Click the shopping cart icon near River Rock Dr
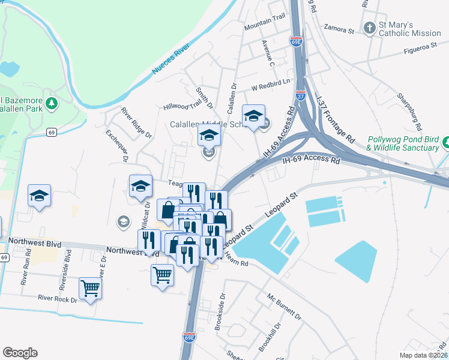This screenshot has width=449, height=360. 90,289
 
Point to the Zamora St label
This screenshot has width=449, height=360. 340,27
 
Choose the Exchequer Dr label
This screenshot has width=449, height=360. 117,145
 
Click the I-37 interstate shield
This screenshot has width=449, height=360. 301,95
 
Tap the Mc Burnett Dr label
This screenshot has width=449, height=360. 284,306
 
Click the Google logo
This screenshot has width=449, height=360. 20,352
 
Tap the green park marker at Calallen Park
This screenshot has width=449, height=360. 52,104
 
